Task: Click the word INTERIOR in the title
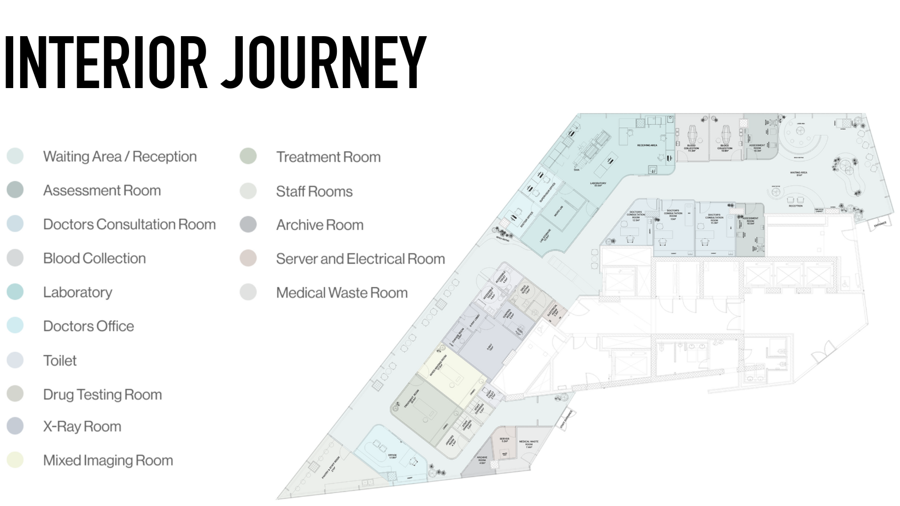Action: point(106,62)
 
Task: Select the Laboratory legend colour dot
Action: point(15,292)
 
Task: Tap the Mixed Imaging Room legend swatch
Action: point(15,460)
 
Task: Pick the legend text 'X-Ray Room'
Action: point(82,427)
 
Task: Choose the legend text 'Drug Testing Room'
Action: point(102,394)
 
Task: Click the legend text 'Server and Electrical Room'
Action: point(360,259)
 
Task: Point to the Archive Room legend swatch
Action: point(248,225)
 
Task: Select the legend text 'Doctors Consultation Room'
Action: point(129,224)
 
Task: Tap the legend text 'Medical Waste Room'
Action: point(342,293)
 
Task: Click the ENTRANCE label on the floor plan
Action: point(880,224)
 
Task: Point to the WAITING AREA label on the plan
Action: point(798,173)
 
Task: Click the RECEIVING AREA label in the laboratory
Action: point(647,146)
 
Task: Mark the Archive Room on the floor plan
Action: point(481,460)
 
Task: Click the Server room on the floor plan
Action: point(504,440)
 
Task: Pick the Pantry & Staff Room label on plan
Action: point(331,468)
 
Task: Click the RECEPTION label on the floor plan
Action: point(795,206)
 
